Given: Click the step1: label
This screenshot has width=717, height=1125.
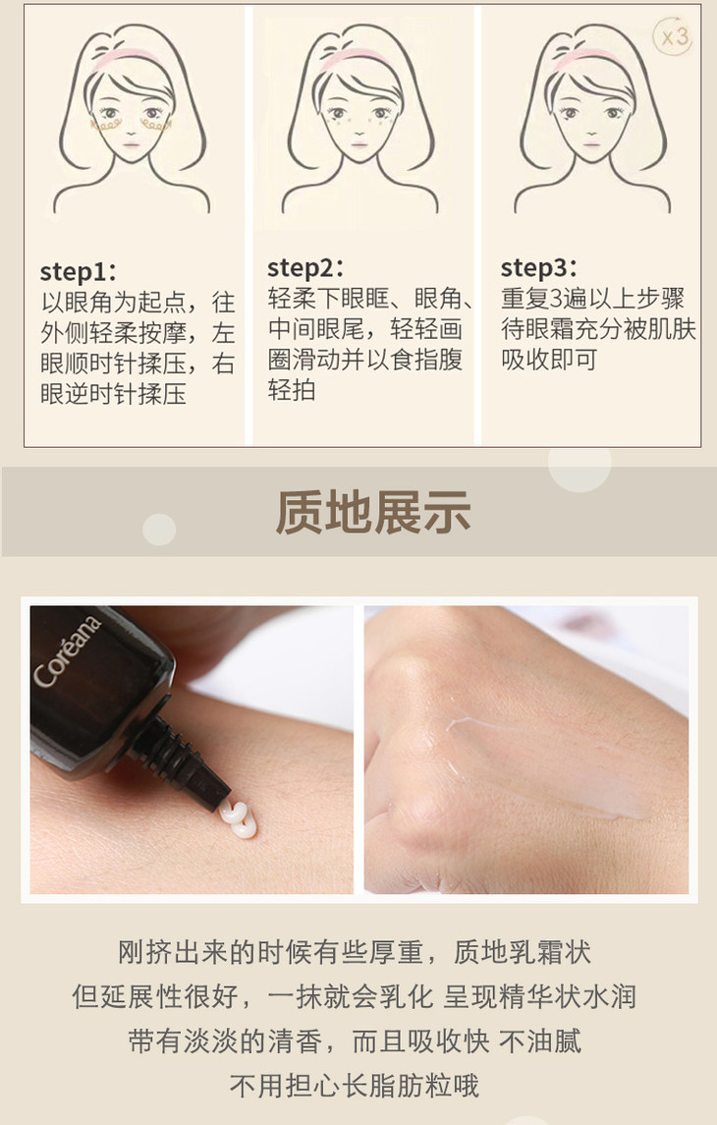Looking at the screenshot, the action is pos(79,272).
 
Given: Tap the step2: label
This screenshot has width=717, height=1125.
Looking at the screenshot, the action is pos(305,267).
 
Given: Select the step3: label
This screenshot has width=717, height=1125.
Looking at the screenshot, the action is pos(538,267).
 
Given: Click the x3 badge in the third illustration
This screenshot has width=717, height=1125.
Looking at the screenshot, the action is pos(673,36).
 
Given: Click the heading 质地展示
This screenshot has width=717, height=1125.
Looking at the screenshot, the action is pos(373,512).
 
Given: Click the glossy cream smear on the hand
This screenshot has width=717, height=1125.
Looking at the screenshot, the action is pos(545,764).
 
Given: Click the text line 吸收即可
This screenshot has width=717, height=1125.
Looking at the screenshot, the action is pos(548,361).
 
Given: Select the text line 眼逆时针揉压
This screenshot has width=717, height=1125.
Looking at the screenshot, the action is pos(113,394).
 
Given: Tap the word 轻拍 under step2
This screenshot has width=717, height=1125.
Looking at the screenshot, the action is pos(291,390).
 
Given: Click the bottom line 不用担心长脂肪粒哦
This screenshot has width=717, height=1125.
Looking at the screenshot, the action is pos(355,1086).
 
